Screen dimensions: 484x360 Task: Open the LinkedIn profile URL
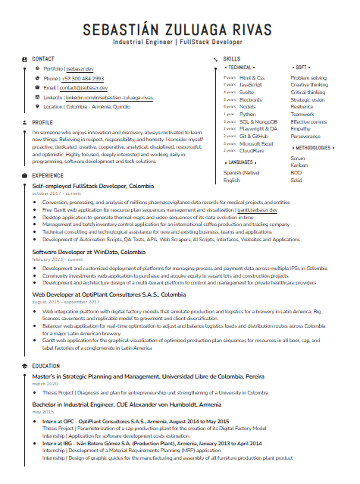(109, 98)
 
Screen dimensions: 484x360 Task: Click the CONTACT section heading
(43, 58)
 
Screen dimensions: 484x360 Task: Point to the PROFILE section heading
(42, 121)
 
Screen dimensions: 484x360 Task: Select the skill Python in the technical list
(248, 114)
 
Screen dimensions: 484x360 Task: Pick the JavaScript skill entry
(251, 85)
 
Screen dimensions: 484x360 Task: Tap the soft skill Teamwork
(302, 114)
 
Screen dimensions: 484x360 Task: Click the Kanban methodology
(299, 165)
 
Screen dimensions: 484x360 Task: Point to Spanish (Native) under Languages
(243, 173)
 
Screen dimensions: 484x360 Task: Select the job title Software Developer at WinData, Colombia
(89, 251)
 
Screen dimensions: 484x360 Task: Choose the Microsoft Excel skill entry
(255, 143)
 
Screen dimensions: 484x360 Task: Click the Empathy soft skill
(301, 128)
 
